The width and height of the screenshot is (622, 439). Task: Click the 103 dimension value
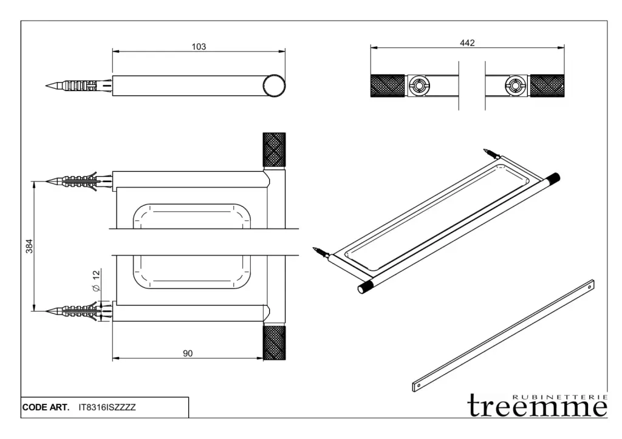tap(199, 47)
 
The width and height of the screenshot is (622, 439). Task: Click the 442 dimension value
tap(467, 43)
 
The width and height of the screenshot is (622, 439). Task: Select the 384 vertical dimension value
tap(29, 247)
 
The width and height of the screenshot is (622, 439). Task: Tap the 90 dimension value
tap(188, 353)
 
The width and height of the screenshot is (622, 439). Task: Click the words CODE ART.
tap(46, 407)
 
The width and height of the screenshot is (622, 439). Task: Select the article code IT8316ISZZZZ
tap(107, 407)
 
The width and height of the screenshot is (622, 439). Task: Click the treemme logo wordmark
tap(538, 406)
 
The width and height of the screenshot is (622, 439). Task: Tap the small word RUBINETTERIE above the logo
tap(559, 396)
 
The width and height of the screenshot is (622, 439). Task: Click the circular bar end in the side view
tap(274, 86)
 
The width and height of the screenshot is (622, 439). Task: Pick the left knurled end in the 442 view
tap(388, 86)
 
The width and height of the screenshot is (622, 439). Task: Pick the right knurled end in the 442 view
tap(547, 86)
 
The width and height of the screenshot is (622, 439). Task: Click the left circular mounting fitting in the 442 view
tap(419, 86)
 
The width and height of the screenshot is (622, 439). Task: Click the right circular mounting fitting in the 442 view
tap(515, 86)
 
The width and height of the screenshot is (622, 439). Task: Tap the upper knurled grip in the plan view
tap(274, 150)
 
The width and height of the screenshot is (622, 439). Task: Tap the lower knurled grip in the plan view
tap(274, 342)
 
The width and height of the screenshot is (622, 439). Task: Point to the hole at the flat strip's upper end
tap(589, 286)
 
